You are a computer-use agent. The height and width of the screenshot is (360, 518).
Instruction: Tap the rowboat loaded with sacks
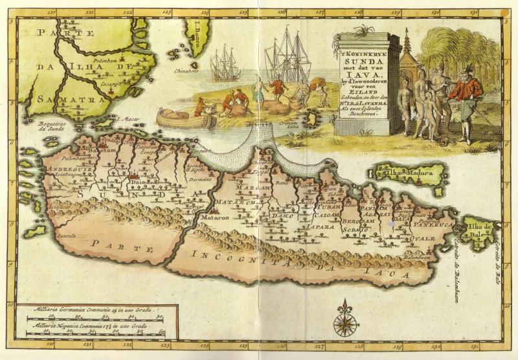(186, 119)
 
